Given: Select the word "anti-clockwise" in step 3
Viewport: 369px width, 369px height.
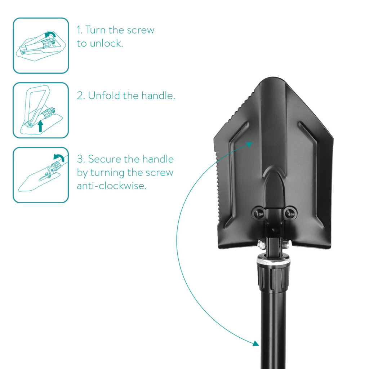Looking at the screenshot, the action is [x=112, y=186].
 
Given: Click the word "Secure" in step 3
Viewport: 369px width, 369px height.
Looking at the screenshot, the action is [x=105, y=159].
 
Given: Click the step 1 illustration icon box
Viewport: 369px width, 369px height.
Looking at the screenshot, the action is [x=41, y=46].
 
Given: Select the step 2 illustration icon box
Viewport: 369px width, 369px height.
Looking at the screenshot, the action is [x=41, y=110].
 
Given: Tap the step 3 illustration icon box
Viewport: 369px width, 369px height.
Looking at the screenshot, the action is [x=41, y=175].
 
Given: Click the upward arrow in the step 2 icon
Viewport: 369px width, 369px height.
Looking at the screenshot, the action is [x=40, y=126].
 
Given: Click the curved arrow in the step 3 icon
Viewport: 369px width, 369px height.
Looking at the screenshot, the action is [x=59, y=157].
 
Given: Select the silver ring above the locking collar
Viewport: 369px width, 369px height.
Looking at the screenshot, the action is [x=274, y=262].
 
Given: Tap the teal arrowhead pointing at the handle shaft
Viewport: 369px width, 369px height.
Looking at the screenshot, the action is [x=256, y=343].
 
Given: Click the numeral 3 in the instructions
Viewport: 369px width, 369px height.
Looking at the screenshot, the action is [x=80, y=159].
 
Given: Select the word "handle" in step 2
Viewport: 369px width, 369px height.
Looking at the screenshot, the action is [x=158, y=95].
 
